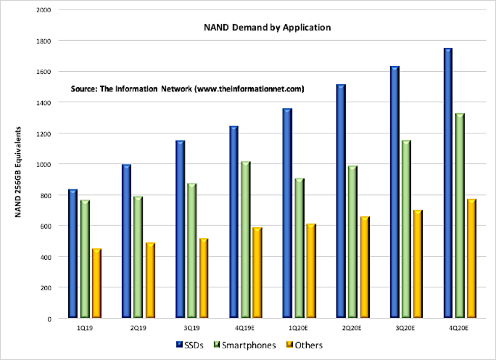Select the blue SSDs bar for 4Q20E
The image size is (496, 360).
(x=448, y=183)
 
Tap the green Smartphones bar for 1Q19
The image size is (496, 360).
(x=85, y=259)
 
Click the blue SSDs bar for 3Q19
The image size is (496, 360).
(x=180, y=229)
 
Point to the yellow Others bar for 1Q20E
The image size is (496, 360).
(x=311, y=271)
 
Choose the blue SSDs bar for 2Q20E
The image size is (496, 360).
(x=341, y=201)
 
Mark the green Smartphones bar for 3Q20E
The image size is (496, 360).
(x=406, y=229)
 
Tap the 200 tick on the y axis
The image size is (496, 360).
(x=51, y=288)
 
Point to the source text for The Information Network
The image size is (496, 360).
(x=187, y=89)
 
